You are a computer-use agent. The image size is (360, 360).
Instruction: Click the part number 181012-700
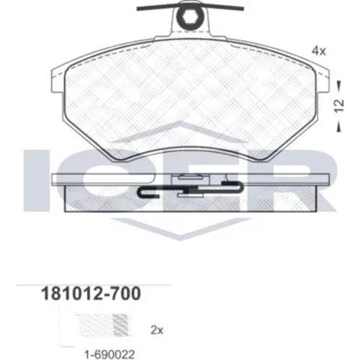pyautogui.click(x=91, y=294)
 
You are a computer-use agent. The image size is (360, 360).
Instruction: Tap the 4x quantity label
pyautogui.click(x=319, y=51)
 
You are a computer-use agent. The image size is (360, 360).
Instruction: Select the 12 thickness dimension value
pyautogui.click(x=339, y=106)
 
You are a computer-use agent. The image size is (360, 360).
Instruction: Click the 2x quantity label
pyautogui.click(x=157, y=330)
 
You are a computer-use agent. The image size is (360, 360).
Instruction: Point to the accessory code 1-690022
pyautogui.click(x=109, y=354)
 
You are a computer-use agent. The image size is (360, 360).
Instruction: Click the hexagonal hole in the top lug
pyautogui.click(x=190, y=17)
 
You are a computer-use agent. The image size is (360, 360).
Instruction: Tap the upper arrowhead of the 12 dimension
pyautogui.click(x=339, y=85)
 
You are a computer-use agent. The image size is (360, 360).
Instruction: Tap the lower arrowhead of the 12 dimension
pyautogui.click(x=339, y=127)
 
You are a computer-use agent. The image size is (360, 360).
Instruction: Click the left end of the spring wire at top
pyautogui.click(x=138, y=9)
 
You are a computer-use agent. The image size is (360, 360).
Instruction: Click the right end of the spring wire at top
pyautogui.click(x=243, y=9)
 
